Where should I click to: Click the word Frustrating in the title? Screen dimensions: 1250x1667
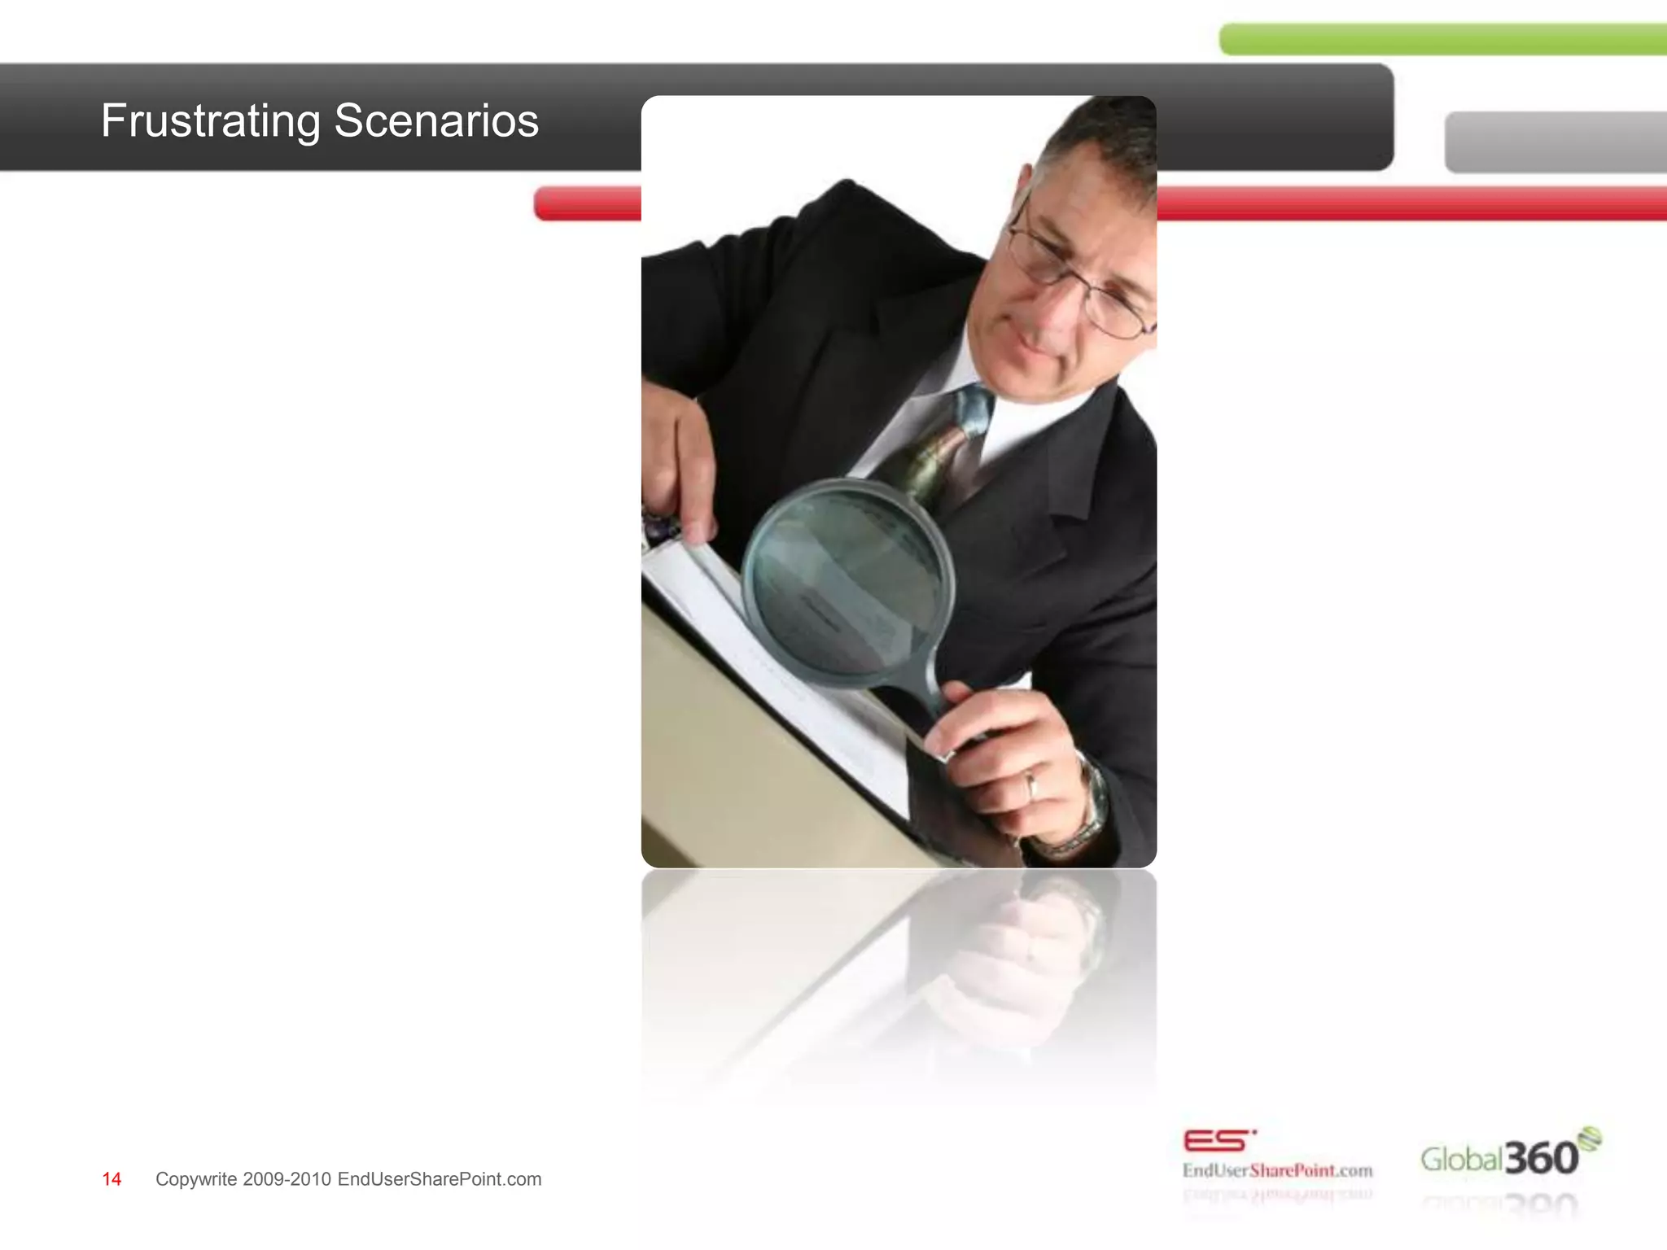[211, 121]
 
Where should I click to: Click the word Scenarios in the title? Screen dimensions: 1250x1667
[436, 121]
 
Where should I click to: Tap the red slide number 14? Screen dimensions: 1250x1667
[112, 1179]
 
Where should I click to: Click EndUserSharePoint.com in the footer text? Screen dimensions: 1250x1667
[440, 1179]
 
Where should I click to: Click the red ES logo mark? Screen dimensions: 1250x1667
[1217, 1141]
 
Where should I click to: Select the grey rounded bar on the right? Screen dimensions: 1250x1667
[1555, 142]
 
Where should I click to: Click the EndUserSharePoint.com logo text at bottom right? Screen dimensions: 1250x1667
[1277, 1171]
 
